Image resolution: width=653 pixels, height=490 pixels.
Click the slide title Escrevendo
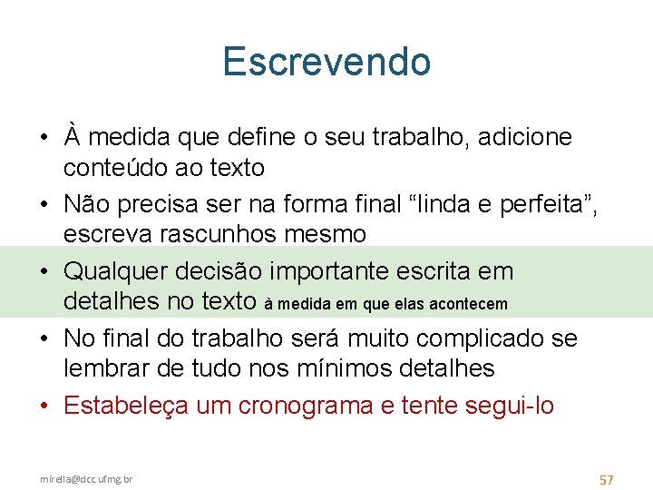coord(326,62)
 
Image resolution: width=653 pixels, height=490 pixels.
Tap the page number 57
coord(608,478)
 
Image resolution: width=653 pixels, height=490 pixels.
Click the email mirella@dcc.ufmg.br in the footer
coord(85,478)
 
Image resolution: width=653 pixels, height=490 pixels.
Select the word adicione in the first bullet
coord(529,137)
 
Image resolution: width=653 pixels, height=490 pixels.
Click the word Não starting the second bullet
coord(85,204)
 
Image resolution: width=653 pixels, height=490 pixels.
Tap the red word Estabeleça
coord(125,406)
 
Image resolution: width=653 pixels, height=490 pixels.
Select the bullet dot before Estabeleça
coord(45,406)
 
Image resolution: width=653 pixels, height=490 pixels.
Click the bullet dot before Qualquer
coord(45,271)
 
